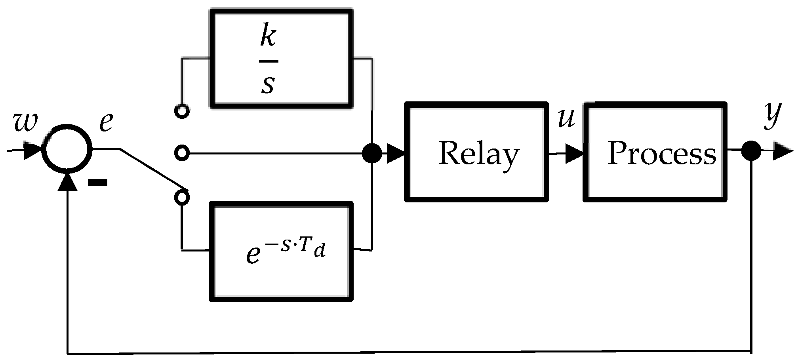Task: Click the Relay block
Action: pos(476,152)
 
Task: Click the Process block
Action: pos(655,152)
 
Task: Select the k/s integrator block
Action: pos(281,59)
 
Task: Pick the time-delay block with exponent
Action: pos(281,251)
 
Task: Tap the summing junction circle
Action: pos(67,150)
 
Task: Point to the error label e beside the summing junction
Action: pos(106,122)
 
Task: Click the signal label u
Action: pos(566,118)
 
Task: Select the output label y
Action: pos(772,115)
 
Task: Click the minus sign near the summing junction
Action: pos(97,182)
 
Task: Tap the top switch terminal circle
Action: pos(182,112)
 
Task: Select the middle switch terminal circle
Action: pos(182,153)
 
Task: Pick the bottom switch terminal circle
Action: pos(182,197)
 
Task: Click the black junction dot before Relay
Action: pos(372,153)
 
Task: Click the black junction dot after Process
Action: pos(751,150)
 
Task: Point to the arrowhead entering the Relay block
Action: pos(395,153)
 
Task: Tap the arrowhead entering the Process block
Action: pos(574,153)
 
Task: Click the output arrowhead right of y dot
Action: pos(782,151)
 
